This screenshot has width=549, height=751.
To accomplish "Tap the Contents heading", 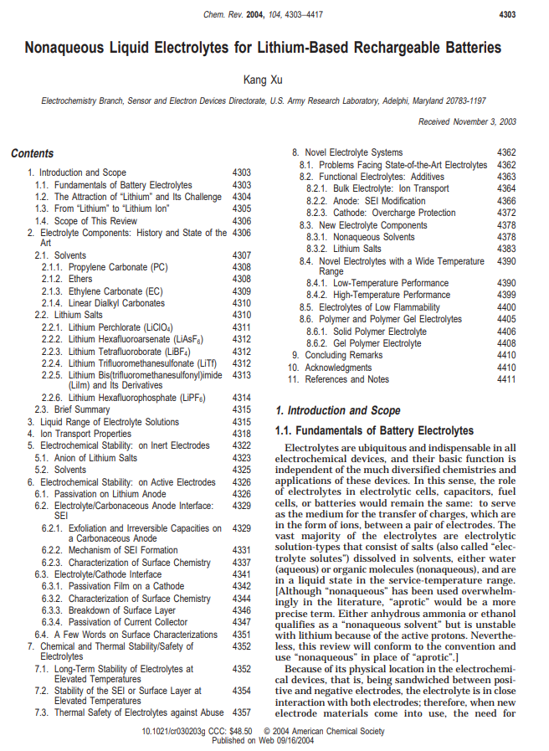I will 33,153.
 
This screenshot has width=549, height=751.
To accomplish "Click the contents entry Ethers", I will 80,279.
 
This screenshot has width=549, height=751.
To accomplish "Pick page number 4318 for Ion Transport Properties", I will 242,434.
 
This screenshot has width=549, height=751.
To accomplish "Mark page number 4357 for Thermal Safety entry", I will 242,712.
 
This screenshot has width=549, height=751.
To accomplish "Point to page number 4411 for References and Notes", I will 506,379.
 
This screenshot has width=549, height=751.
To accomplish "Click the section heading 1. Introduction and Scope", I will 338,410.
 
